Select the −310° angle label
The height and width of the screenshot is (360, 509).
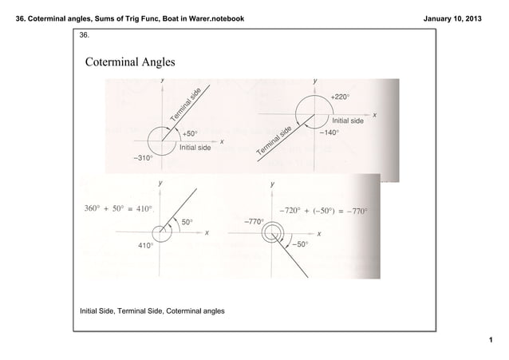coord(143,158)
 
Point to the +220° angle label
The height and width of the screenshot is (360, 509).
coord(340,97)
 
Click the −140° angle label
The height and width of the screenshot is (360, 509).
coord(329,133)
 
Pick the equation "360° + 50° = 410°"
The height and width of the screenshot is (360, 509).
coord(119,209)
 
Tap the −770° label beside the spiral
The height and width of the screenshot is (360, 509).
coord(253,221)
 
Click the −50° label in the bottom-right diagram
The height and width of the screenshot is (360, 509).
coord(301,245)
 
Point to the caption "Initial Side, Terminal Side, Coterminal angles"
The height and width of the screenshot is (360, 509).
coord(152,310)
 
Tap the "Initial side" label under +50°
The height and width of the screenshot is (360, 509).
coord(195,148)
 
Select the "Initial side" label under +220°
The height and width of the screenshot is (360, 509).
coord(348,121)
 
